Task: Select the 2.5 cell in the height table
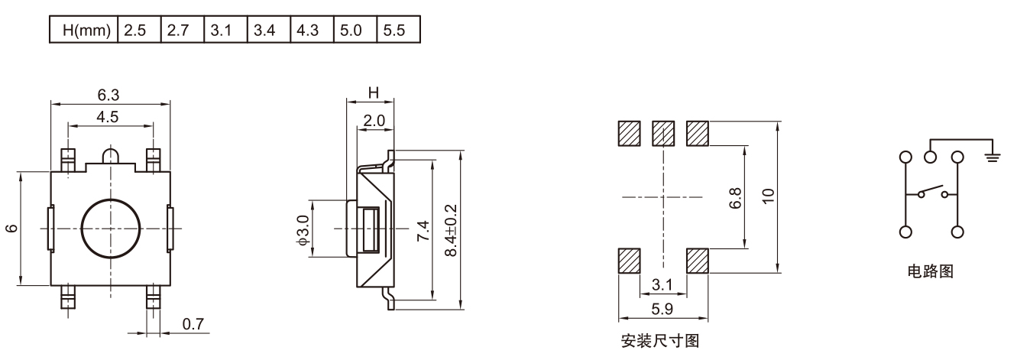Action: click(x=135, y=31)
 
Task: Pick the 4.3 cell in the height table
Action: click(x=309, y=31)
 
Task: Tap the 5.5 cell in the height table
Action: click(x=397, y=31)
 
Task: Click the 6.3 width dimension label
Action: click(x=108, y=95)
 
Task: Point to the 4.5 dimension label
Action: click(x=108, y=117)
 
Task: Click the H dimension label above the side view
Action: click(x=373, y=92)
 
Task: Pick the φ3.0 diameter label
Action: click(x=303, y=229)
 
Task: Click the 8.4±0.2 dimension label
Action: click(x=450, y=230)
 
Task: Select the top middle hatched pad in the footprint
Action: click(x=663, y=135)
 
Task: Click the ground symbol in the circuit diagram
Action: click(x=993, y=156)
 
